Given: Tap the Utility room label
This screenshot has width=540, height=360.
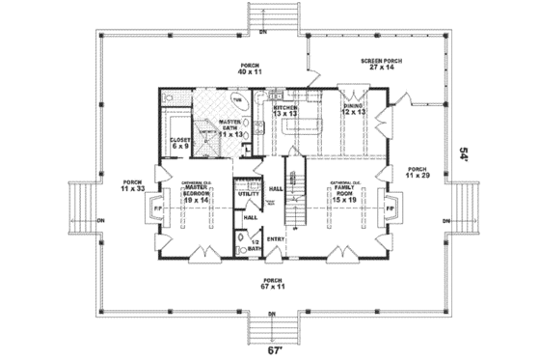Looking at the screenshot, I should tap(247, 194).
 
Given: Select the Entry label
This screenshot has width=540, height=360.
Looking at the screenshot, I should tap(275, 238).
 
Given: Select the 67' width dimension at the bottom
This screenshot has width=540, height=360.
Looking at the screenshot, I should tap(272, 350).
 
